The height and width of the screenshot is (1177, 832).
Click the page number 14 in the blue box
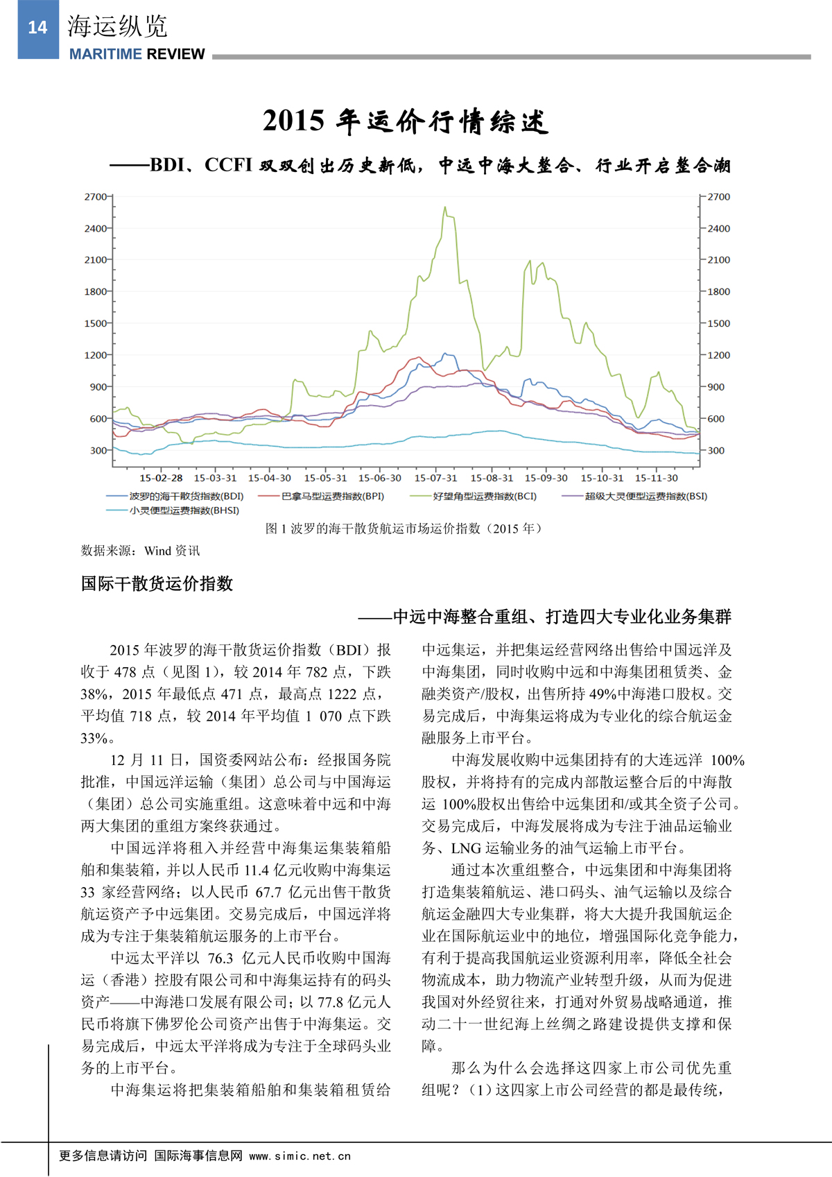point(37,28)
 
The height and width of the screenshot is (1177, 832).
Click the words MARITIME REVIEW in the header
point(137,54)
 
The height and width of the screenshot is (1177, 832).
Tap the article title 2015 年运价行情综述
point(406,121)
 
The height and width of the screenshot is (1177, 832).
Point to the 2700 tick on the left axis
point(96,197)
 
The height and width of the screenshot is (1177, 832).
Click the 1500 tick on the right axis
point(718,323)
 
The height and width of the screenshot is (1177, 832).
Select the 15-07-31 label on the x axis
point(435,478)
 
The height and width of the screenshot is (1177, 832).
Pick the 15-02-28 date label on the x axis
point(161,478)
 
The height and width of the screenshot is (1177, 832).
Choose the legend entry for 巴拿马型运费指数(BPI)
point(332,496)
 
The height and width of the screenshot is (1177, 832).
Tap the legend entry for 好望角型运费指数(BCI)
point(484,496)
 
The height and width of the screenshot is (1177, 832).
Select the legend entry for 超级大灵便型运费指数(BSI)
point(645,496)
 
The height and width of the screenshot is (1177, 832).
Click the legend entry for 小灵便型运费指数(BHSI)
point(184,510)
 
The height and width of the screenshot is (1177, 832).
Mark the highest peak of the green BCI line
point(444,206)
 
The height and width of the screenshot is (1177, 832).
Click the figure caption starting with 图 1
point(404,529)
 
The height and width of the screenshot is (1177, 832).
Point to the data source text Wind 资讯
point(172,551)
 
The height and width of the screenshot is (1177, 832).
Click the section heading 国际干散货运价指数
point(157,583)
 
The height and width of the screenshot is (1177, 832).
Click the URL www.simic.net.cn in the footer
point(300,1156)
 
